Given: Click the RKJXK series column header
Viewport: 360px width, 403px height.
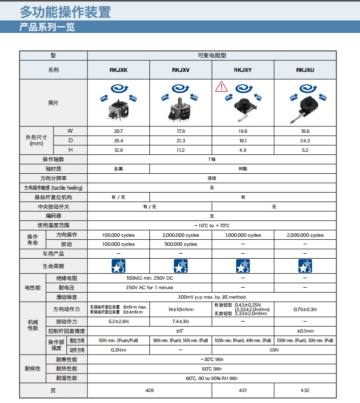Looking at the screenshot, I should [118, 70].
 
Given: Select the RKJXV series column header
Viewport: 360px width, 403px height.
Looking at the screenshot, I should [181, 70].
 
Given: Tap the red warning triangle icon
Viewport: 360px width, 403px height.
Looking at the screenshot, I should [221, 87].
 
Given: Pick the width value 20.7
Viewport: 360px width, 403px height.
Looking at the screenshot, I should [118, 131].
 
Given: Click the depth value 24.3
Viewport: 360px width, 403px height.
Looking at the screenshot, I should [305, 140].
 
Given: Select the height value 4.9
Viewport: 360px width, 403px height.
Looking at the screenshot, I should [243, 150].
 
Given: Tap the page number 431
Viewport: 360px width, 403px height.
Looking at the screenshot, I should [243, 390].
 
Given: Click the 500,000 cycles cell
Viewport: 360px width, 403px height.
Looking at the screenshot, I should [181, 244].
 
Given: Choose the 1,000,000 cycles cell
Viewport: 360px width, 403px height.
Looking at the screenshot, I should [243, 235].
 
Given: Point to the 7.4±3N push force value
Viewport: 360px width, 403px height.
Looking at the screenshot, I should [181, 321].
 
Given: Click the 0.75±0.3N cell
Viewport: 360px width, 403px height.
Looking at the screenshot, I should [305, 309].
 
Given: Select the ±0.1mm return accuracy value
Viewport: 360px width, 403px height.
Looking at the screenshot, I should [305, 331].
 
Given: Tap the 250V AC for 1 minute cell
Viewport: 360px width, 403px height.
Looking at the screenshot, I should [149, 287].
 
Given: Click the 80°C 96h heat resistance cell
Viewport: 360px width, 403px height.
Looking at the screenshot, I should [212, 369].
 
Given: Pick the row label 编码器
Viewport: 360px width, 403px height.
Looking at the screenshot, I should [53, 216].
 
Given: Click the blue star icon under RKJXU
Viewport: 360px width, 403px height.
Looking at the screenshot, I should [305, 266].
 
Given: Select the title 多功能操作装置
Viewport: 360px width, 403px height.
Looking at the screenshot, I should [65, 12].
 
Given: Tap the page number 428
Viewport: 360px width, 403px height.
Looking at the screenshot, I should [149, 390].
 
